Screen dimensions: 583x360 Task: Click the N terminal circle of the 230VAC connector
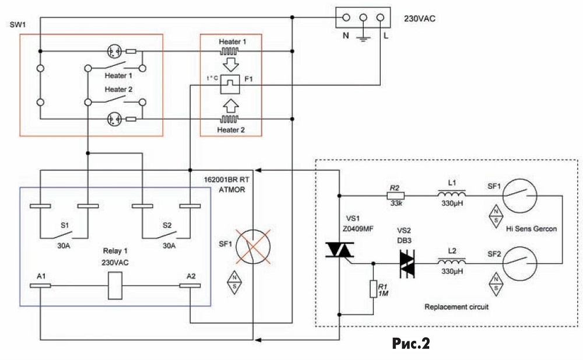[346, 17]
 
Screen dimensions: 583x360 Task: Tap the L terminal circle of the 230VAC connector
[380, 17]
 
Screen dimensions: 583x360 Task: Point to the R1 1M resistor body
[373, 289]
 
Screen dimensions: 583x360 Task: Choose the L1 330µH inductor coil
[452, 194]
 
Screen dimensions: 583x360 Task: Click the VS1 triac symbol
[339, 250]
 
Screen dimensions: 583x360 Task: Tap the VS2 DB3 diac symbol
[407, 264]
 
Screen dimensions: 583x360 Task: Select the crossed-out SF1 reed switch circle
[253, 246]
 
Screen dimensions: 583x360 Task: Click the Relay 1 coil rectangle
[115, 285]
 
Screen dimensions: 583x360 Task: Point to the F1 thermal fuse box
[230, 84]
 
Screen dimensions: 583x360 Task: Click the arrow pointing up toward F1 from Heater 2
[231, 106]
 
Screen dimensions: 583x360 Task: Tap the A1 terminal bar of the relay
[40, 285]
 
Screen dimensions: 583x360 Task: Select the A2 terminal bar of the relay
[190, 285]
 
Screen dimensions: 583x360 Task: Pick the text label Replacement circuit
[456, 307]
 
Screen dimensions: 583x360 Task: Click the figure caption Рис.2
[411, 344]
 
